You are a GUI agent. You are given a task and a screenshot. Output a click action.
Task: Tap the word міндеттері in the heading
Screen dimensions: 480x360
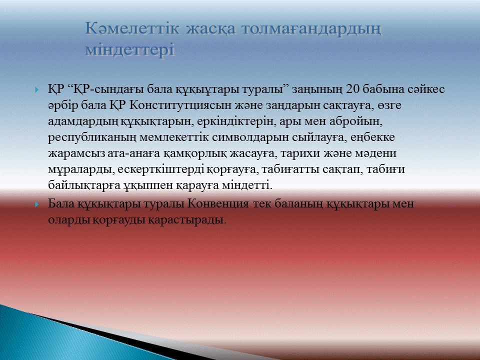click(x=130, y=50)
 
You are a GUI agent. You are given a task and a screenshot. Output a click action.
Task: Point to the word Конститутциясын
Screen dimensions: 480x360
click(x=181, y=105)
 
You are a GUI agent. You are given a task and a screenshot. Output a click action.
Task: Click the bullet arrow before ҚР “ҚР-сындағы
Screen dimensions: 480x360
click(x=37, y=90)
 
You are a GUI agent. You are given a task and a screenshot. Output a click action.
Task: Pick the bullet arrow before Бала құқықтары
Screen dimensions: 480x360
click(x=37, y=204)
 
